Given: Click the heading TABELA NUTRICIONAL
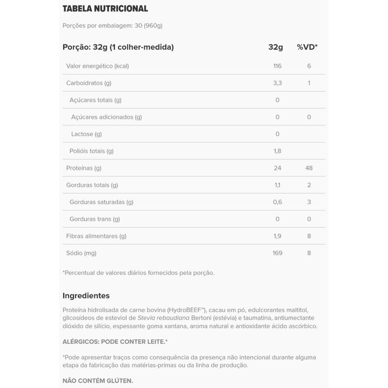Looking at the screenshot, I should (x=105, y=9).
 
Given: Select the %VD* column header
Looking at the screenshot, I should (x=307, y=47).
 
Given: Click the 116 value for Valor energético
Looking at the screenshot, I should (x=277, y=66).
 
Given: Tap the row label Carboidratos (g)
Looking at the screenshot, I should (x=89, y=83).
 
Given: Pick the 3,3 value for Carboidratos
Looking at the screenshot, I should (x=277, y=83).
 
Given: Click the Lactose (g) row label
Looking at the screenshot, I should (x=87, y=134).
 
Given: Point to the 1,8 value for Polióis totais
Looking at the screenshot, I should (x=277, y=151).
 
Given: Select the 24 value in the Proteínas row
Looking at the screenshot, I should (x=277, y=168).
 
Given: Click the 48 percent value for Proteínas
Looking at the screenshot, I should (x=309, y=168).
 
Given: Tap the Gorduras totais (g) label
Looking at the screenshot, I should (x=92, y=185).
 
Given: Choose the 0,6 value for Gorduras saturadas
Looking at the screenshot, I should (x=277, y=202).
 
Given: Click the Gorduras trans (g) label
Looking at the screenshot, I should (x=95, y=219).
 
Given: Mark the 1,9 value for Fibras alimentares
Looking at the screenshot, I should (x=277, y=236).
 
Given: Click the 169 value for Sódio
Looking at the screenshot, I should (x=277, y=253).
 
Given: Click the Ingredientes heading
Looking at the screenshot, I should (x=86, y=295).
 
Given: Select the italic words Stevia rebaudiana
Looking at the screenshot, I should (x=162, y=318).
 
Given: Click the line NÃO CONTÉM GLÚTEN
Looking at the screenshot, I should (x=97, y=381).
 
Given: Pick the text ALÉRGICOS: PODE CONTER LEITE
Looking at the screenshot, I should (x=115, y=341).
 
